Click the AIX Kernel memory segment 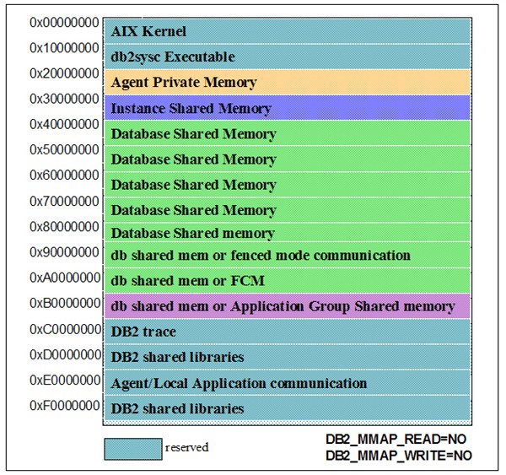pos(286,31)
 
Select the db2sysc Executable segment pos(286,57)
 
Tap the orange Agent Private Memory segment pos(286,83)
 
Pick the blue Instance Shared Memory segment pos(286,108)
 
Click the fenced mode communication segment pos(286,255)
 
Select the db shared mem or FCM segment pos(286,280)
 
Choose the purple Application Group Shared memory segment pos(286,306)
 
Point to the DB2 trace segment pos(286,332)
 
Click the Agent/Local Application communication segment pos(286,383)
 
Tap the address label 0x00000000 pos(64,22)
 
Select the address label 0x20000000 pos(64,73)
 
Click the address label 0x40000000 pos(64,124)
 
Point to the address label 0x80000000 pos(64,226)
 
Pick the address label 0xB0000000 pos(64,303)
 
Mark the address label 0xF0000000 pos(64,405)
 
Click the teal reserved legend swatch pos(132,448)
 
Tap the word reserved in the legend pos(187,448)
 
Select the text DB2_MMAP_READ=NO pos(396,440)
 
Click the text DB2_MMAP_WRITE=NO pos(399,455)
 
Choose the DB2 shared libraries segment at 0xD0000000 pos(286,357)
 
